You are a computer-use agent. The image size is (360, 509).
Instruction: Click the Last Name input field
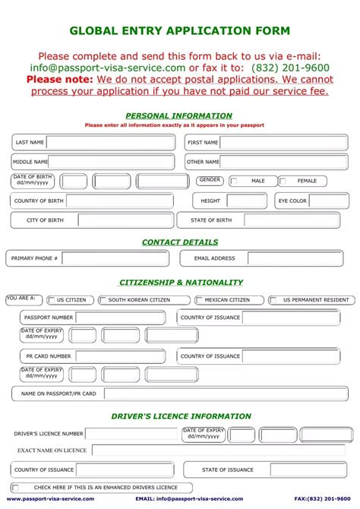[x=110, y=142]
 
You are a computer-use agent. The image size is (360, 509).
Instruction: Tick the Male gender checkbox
[x=234, y=182]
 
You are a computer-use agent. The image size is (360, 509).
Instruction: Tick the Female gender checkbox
[x=283, y=182]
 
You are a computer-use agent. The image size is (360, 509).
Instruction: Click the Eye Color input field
[x=329, y=201]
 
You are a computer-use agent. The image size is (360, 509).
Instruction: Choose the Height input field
[x=247, y=201]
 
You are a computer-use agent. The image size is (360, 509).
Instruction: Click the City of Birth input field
[x=125, y=220]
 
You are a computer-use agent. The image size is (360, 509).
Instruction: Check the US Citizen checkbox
[x=51, y=300]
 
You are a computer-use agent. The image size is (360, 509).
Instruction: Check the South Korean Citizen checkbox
[x=102, y=300]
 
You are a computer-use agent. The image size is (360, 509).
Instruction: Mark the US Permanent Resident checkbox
[x=273, y=300]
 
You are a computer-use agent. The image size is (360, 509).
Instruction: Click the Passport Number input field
[x=120, y=318]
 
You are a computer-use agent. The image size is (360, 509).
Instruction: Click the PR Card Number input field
[x=120, y=356]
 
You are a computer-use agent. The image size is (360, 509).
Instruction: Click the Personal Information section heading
[x=179, y=116]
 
